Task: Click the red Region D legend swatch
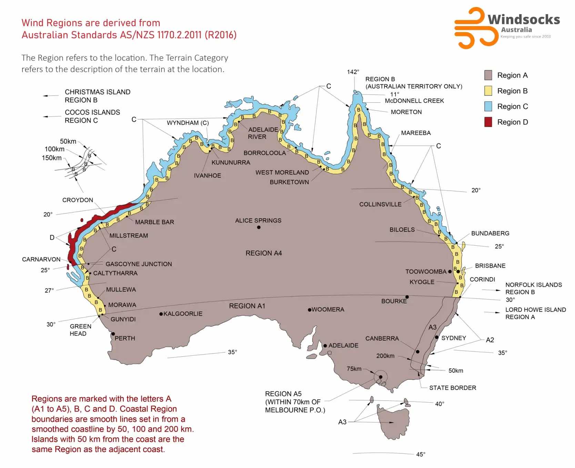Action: [488, 122]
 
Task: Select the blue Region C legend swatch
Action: [488, 106]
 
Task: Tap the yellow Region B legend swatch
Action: [488, 91]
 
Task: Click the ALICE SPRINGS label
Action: [258, 221]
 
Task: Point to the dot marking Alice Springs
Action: [259, 227]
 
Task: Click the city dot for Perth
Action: [113, 334]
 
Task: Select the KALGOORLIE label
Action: [183, 314]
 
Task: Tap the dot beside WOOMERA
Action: [310, 310]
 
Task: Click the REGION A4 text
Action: [264, 253]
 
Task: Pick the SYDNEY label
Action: [454, 338]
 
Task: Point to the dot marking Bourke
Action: [407, 297]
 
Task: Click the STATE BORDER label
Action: [453, 388]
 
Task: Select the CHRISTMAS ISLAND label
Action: [98, 92]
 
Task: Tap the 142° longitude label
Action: [353, 72]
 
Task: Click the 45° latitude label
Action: [421, 454]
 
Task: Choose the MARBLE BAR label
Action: [154, 222]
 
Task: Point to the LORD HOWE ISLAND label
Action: [535, 310]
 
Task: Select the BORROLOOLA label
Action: [265, 153]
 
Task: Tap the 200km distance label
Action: [385, 356]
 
